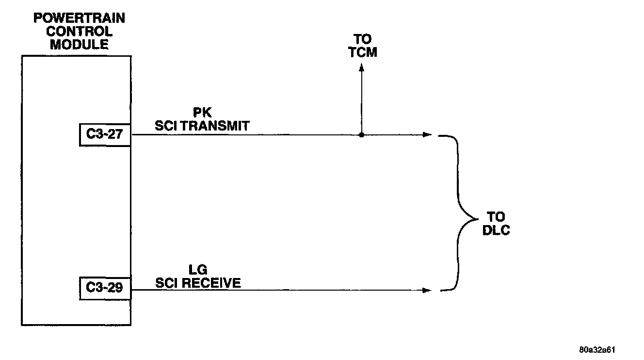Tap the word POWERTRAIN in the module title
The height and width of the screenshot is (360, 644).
pos(79,19)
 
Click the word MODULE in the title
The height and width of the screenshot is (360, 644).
pos(79,45)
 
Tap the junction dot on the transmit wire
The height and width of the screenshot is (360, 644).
pos(362,134)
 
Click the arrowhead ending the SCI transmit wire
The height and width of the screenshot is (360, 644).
pos(427,134)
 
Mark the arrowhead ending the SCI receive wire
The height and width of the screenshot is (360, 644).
pos(427,291)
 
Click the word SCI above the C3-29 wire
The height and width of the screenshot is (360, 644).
pos(165,283)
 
